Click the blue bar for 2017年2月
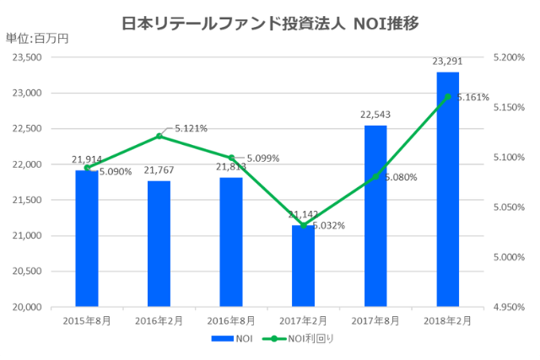(303, 266)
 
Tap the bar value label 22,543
(375, 115)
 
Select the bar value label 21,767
(159, 170)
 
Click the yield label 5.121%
(191, 128)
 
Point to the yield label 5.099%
(262, 158)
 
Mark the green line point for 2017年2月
(303, 225)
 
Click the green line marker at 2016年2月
(159, 136)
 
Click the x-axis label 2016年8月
(231, 321)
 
